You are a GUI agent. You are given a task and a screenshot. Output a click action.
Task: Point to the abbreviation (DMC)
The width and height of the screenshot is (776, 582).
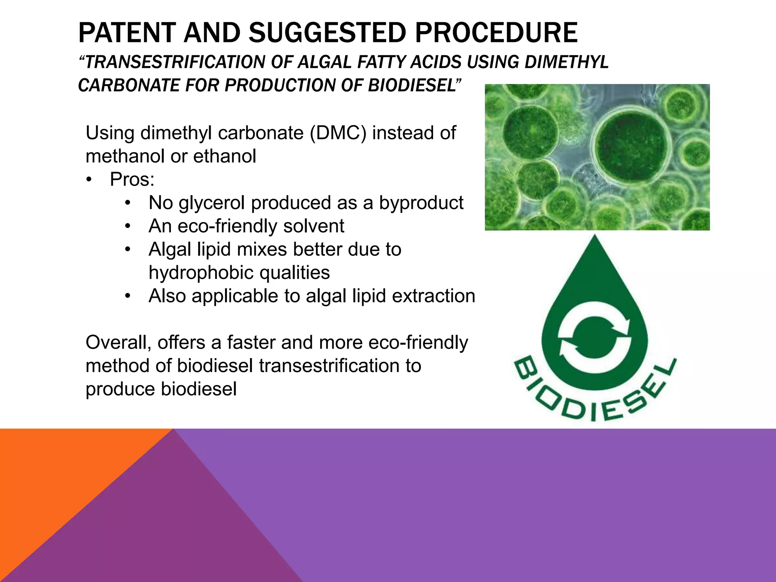click(x=338, y=133)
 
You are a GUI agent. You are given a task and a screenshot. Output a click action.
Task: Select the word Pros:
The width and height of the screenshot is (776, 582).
click(x=132, y=180)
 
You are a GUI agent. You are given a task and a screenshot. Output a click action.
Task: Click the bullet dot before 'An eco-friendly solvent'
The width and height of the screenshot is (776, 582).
click(x=128, y=226)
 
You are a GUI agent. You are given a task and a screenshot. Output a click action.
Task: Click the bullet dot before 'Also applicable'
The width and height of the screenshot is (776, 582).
click(x=128, y=296)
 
